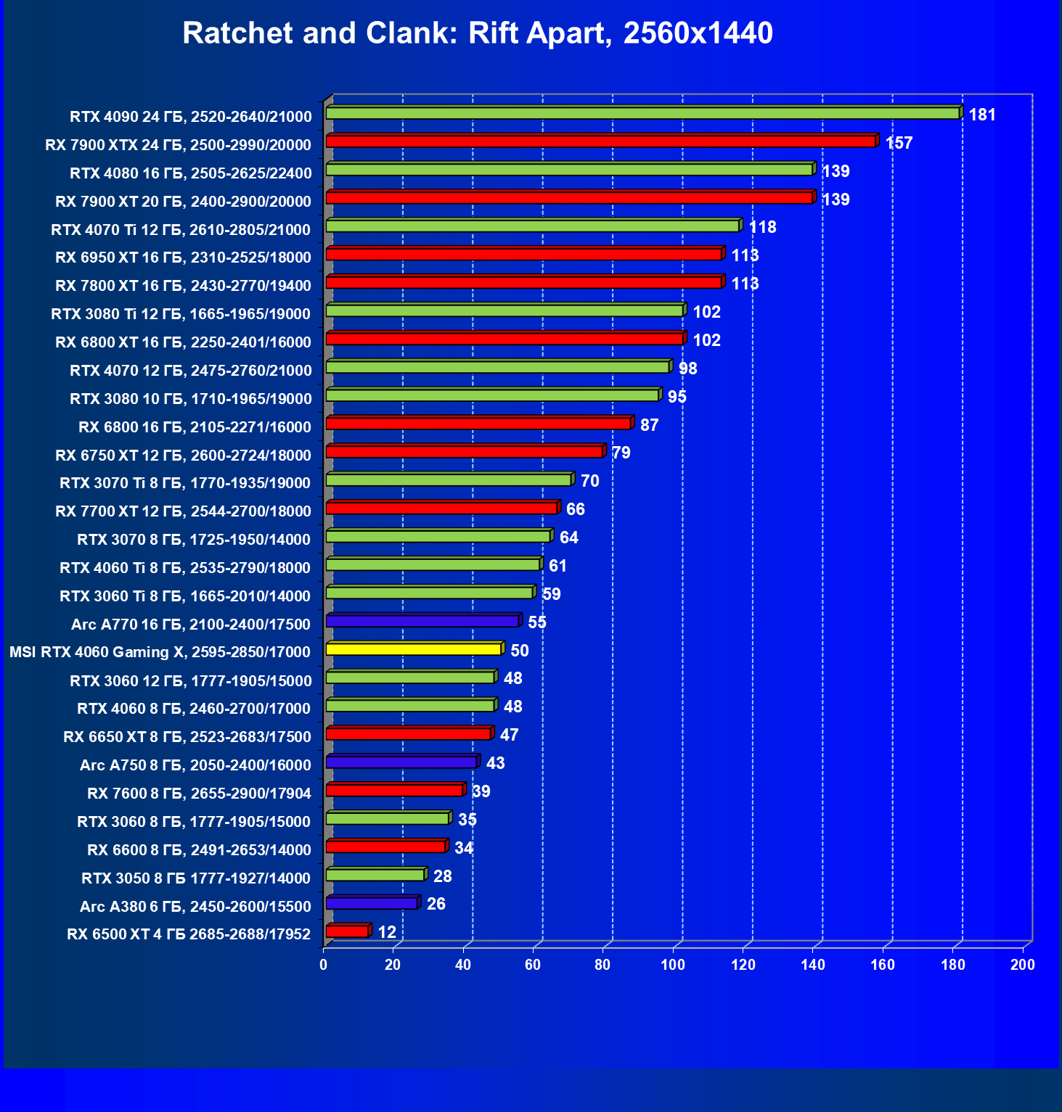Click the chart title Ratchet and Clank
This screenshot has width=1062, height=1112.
click(477, 33)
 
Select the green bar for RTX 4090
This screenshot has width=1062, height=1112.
click(642, 113)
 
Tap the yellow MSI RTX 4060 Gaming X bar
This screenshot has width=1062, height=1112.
click(413, 649)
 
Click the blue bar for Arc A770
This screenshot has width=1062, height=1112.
click(422, 621)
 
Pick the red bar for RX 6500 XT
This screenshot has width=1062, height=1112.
click(347, 931)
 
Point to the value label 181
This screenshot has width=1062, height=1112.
click(982, 115)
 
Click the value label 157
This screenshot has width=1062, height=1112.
click(899, 143)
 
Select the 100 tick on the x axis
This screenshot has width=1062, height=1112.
click(673, 965)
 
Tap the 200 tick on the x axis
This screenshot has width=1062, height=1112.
click(1023, 965)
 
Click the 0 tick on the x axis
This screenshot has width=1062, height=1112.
click(324, 965)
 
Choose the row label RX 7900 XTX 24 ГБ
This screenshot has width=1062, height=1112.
click(178, 144)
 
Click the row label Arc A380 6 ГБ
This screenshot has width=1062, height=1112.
click(195, 906)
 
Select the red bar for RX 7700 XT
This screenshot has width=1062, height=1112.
click(441, 508)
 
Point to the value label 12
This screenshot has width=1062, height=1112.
click(387, 932)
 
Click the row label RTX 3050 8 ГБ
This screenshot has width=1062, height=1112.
click(195, 878)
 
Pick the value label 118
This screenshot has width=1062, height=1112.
click(762, 227)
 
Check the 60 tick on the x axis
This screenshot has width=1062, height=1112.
click(533, 965)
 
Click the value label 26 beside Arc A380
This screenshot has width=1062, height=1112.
click(436, 904)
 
